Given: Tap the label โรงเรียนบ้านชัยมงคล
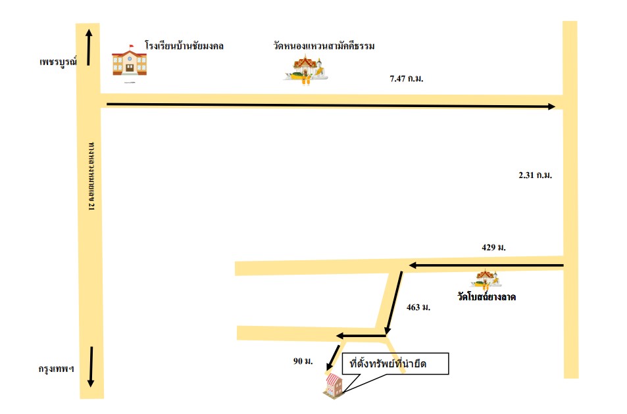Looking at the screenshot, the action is (184, 45).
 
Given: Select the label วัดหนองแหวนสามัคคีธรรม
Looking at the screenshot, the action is (324, 45).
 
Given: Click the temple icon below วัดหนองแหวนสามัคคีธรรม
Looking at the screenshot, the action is (306, 69).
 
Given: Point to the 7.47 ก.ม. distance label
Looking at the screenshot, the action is (407, 79).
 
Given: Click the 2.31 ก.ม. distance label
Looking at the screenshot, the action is (535, 175).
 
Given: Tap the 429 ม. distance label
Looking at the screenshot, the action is (493, 248).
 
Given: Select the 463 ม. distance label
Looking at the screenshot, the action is (418, 308).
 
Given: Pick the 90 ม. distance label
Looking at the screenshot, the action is (303, 361).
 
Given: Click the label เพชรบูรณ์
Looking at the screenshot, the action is (58, 62).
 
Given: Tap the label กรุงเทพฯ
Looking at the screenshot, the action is (57, 369).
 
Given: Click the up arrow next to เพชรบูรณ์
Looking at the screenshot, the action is (89, 47).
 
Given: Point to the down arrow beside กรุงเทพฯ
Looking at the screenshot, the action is (91, 367).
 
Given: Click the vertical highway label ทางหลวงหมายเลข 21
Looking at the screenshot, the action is (91, 176).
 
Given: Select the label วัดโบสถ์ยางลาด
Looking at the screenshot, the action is (487, 296).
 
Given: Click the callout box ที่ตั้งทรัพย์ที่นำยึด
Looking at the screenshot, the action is (395, 363).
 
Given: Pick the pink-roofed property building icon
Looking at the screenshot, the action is (334, 386).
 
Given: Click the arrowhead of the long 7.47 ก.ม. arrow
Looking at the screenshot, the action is (551, 106).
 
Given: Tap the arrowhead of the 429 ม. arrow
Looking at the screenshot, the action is (413, 265).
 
